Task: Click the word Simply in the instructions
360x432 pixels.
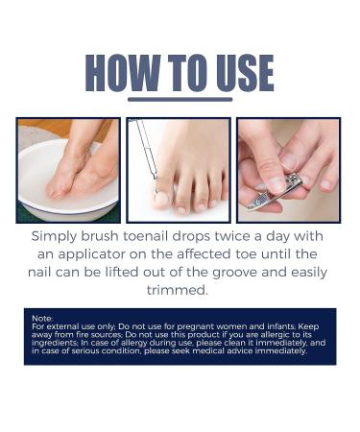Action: point(59,236)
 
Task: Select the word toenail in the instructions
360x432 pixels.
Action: point(169,236)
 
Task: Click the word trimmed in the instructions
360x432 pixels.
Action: point(179,290)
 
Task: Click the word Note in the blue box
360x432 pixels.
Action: point(42,318)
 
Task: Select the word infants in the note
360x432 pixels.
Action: point(264,327)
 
